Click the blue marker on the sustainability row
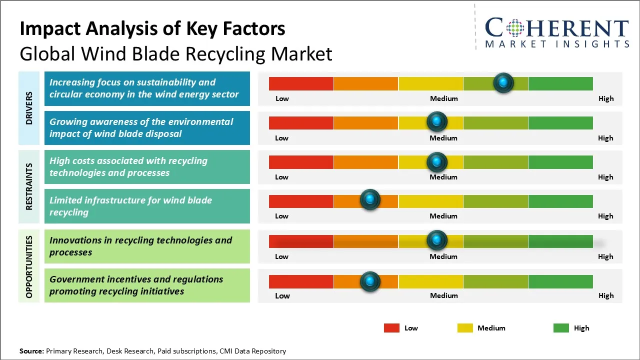tap(503, 82)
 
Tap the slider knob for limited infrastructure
tap(370, 200)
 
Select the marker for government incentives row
tap(370, 281)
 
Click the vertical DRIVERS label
tap(29, 108)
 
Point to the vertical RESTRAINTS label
tap(29, 186)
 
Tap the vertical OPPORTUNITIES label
tap(29, 267)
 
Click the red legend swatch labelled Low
tap(391, 328)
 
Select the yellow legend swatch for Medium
tap(465, 328)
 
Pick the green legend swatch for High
tap(561, 328)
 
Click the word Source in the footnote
tap(31, 351)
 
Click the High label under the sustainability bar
tap(606, 98)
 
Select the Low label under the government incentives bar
tap(282, 295)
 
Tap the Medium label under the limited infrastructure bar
tap(443, 216)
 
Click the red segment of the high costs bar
tap(301, 162)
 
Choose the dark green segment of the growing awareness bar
tap(560, 122)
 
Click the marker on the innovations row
tap(437, 240)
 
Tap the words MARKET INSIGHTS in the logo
tap(557, 44)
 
